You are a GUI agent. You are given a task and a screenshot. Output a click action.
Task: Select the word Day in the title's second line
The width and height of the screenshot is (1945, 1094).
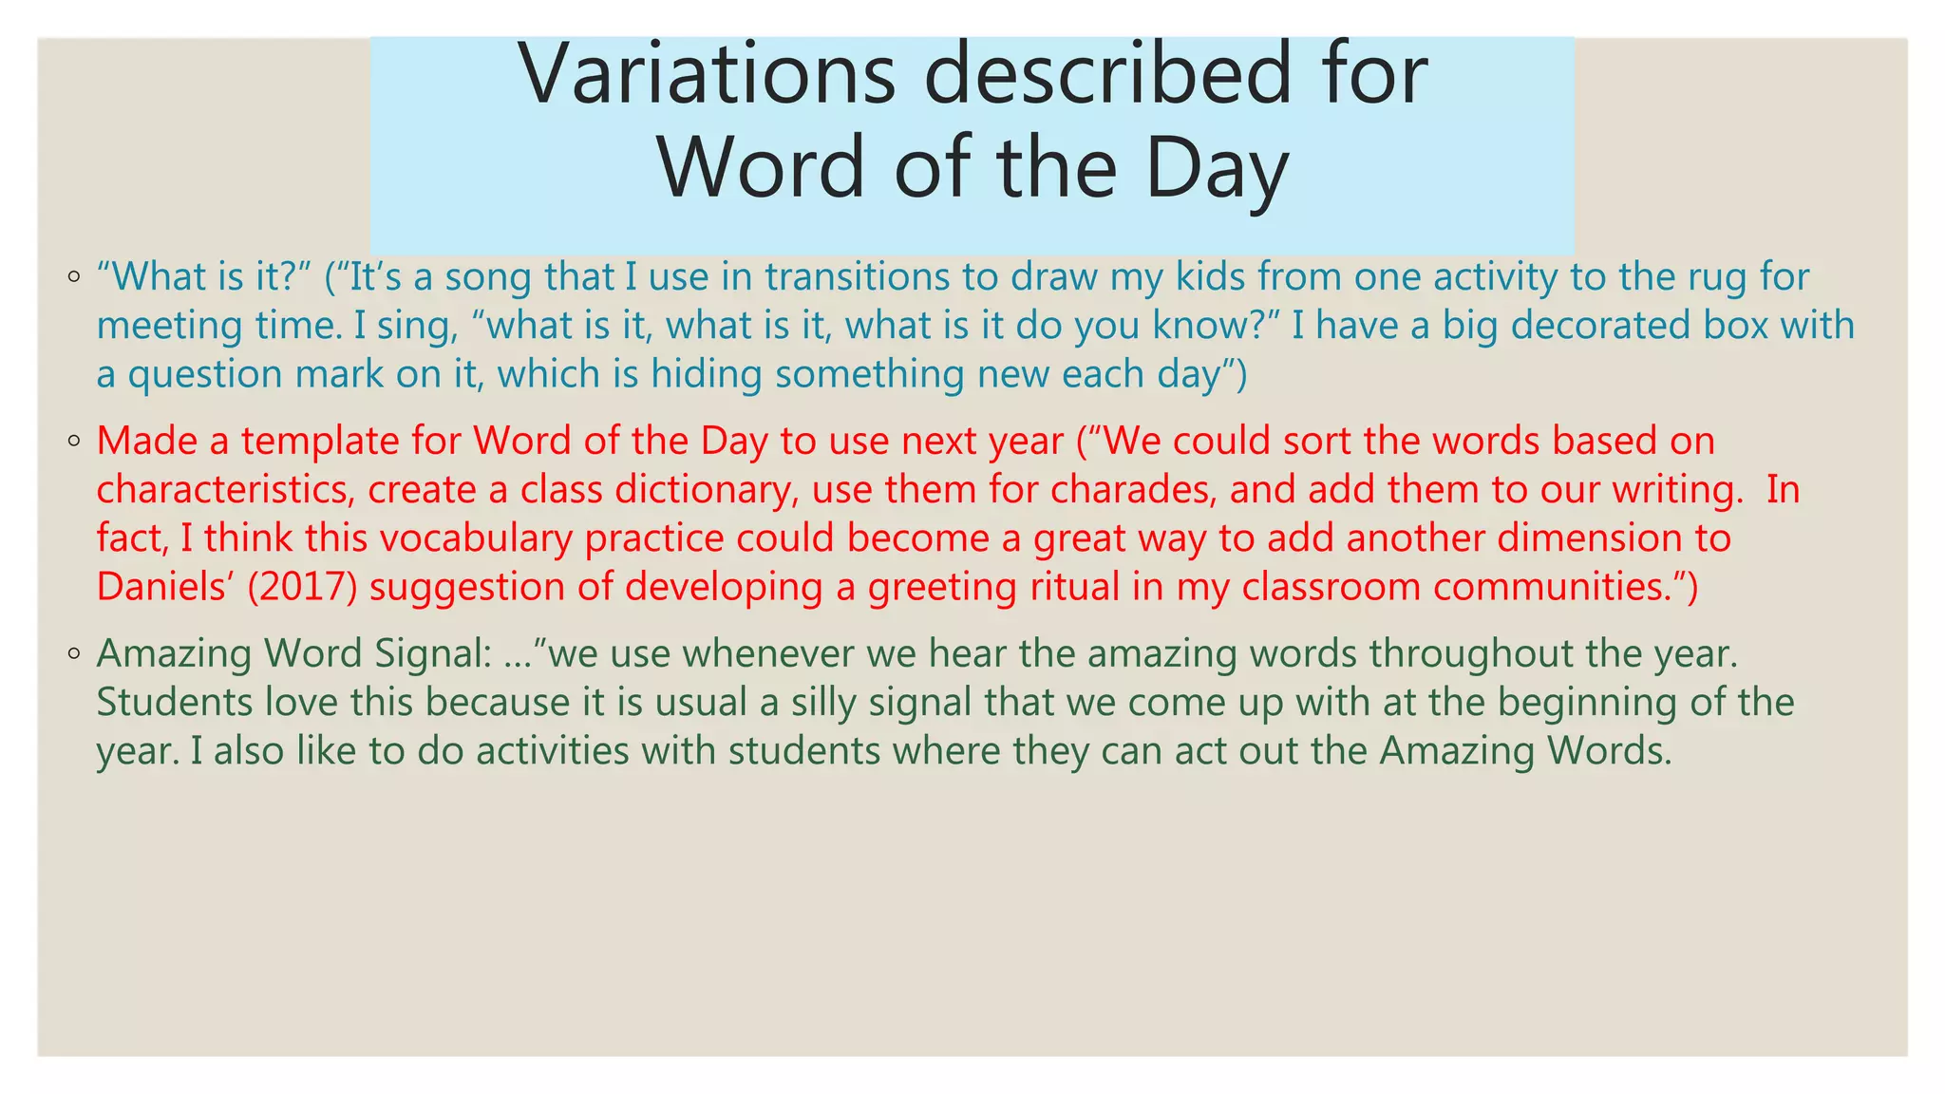click(1217, 169)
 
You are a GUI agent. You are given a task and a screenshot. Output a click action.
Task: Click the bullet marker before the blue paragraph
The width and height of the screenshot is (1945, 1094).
click(74, 278)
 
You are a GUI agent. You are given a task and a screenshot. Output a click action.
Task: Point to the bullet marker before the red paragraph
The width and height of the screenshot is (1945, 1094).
click(74, 442)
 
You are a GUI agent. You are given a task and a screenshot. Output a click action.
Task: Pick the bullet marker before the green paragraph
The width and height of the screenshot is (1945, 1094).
click(74, 654)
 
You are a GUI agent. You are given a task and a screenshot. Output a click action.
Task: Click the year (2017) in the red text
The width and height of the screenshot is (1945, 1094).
click(302, 587)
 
